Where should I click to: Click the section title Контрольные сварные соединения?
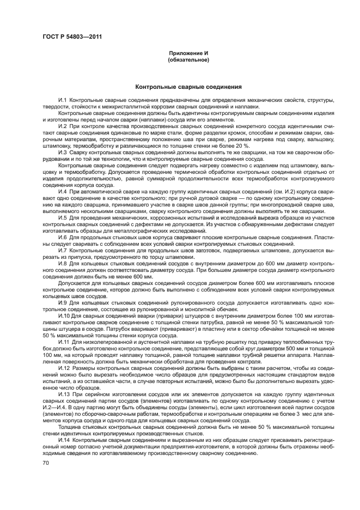(x=188, y=87)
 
